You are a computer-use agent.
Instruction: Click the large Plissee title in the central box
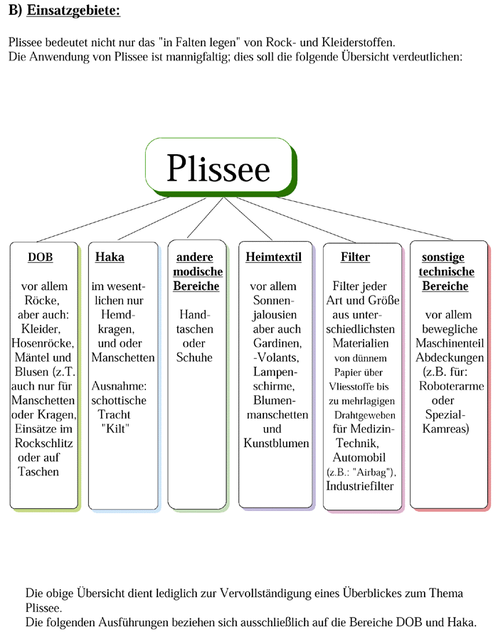coord(218,168)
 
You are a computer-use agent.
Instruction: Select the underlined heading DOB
coord(41,257)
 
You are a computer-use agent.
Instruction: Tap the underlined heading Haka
coord(110,257)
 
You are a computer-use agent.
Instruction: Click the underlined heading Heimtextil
coord(274,257)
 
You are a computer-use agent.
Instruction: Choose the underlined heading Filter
coord(355,257)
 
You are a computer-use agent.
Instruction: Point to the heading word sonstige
coord(443,257)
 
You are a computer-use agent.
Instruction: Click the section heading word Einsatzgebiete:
coord(73,10)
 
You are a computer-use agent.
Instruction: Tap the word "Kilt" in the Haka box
coord(115,429)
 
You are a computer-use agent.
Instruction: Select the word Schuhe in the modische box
coord(194,358)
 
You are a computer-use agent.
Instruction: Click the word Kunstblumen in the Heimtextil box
coord(276,443)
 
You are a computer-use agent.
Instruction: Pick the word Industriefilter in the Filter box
coord(360,485)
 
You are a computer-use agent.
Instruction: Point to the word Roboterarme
coord(452,386)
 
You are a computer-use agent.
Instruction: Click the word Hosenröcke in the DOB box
coord(43,343)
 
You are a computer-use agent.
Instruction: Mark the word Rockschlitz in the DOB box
coord(43,443)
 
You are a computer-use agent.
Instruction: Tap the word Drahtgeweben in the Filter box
coord(365,415)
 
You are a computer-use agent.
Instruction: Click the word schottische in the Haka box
coord(119,400)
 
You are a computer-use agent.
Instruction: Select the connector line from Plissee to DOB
coord(103,219)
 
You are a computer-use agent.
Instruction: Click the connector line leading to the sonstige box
coord(365,218)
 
